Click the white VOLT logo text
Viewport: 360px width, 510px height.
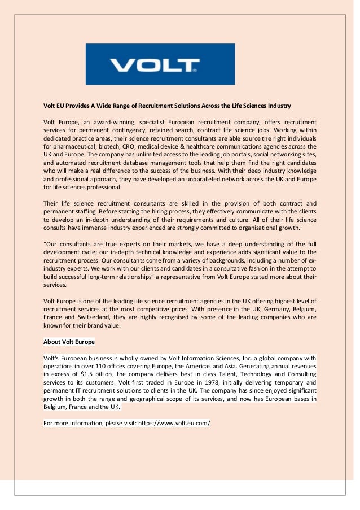pos(153,66)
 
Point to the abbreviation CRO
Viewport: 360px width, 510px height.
pos(131,146)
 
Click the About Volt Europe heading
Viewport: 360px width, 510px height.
pos(69,342)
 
